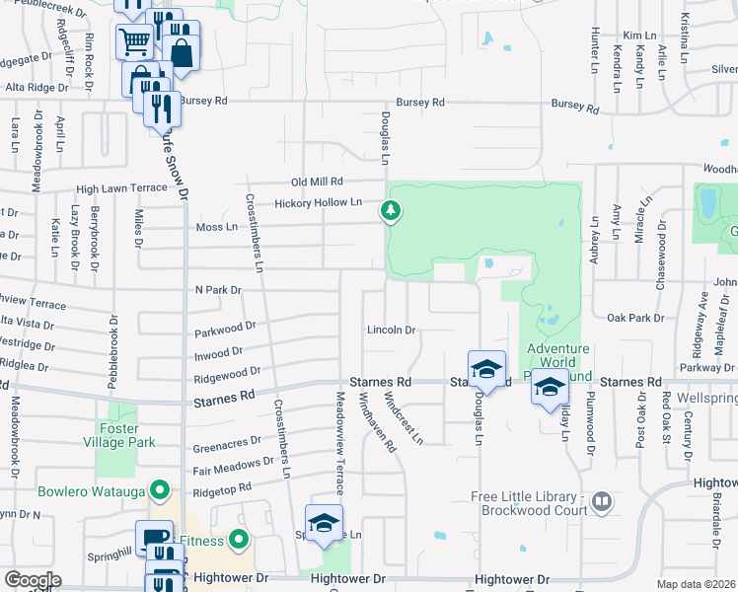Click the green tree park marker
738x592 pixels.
click(392, 210)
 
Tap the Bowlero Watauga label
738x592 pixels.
click(91, 490)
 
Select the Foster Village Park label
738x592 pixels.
click(125, 436)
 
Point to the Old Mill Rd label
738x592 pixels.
click(317, 182)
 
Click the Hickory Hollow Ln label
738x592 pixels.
click(319, 203)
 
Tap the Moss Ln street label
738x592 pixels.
click(218, 227)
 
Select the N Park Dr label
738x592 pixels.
click(218, 290)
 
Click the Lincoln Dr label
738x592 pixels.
click(392, 330)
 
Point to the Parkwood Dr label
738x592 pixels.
click(225, 326)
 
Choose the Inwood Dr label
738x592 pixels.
click(219, 352)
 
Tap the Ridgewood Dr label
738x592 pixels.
click(227, 374)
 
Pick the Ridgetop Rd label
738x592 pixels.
click(223, 487)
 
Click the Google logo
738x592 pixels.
click(32, 580)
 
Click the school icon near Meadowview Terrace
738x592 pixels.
click(324, 525)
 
